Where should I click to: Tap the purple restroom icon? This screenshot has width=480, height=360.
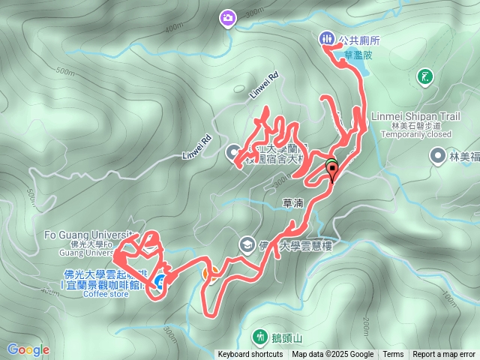[325, 38]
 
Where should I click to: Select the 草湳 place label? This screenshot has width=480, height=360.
[293, 203]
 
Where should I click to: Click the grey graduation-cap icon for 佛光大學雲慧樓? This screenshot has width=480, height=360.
[246, 244]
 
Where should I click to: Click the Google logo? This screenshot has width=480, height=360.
[28, 349]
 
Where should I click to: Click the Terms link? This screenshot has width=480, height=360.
[393, 355]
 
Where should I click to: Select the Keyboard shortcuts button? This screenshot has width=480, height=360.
[250, 355]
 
